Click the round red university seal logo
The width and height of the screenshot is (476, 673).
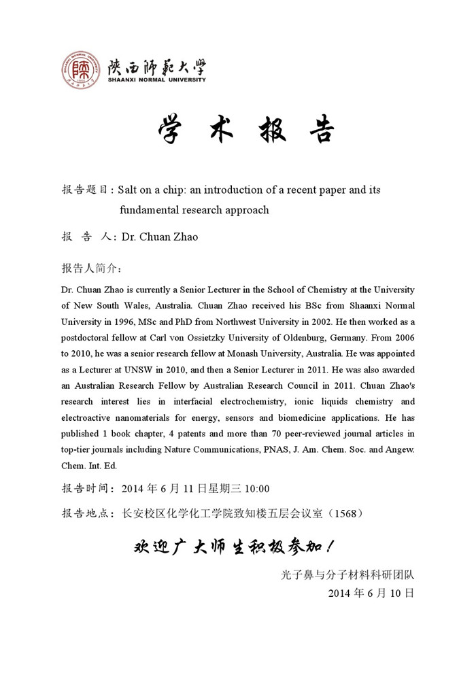[81, 71]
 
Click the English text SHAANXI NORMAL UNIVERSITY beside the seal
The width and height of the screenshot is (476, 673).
[156, 80]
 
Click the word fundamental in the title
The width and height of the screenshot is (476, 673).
[152, 210]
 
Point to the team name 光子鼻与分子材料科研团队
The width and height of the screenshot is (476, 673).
[347, 574]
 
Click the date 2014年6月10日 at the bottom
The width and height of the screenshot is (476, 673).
[371, 593]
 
